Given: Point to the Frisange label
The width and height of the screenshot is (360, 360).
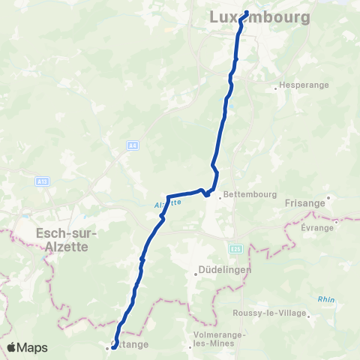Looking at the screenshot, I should coord(306,202).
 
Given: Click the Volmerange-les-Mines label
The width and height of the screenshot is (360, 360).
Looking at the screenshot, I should coord(215,338).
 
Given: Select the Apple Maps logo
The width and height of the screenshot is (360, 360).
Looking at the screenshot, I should coord(27,347).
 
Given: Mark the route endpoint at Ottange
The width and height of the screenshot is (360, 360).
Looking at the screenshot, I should coord(114,346).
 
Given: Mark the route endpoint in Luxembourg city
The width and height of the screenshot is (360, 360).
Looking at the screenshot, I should coord(245,11).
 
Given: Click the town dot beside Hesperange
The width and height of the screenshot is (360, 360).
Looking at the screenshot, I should coord(276,88).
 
